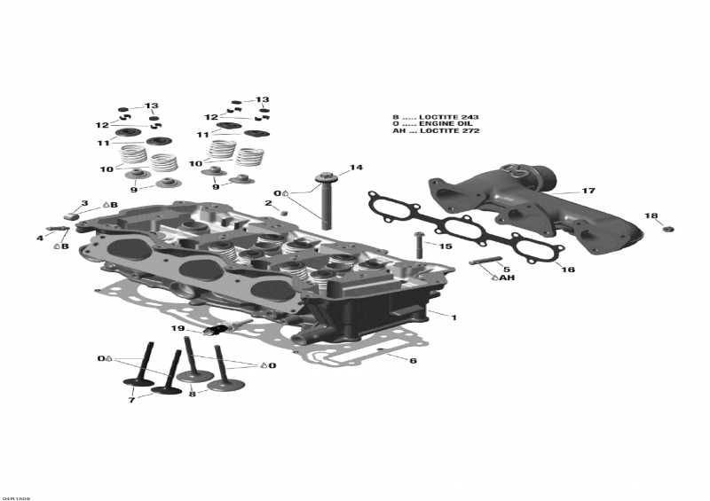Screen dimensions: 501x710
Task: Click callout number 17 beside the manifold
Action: pyautogui.click(x=588, y=191)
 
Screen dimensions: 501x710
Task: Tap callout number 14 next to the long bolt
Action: pyautogui.click(x=356, y=168)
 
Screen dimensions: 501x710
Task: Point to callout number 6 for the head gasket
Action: pyautogui.click(x=413, y=361)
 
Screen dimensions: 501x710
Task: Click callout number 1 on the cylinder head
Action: pyautogui.click(x=454, y=317)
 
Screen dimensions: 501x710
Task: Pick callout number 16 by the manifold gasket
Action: pyautogui.click(x=569, y=269)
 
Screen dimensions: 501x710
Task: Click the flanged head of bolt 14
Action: pyautogui.click(x=327, y=175)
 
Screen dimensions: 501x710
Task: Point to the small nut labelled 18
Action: pyautogui.click(x=668, y=229)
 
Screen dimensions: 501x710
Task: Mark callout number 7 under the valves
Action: pyautogui.click(x=131, y=401)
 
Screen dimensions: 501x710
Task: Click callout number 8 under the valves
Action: pyautogui.click(x=192, y=395)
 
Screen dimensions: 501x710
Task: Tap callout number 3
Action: pyautogui.click(x=84, y=204)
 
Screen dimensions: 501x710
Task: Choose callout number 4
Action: pyautogui.click(x=40, y=238)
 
